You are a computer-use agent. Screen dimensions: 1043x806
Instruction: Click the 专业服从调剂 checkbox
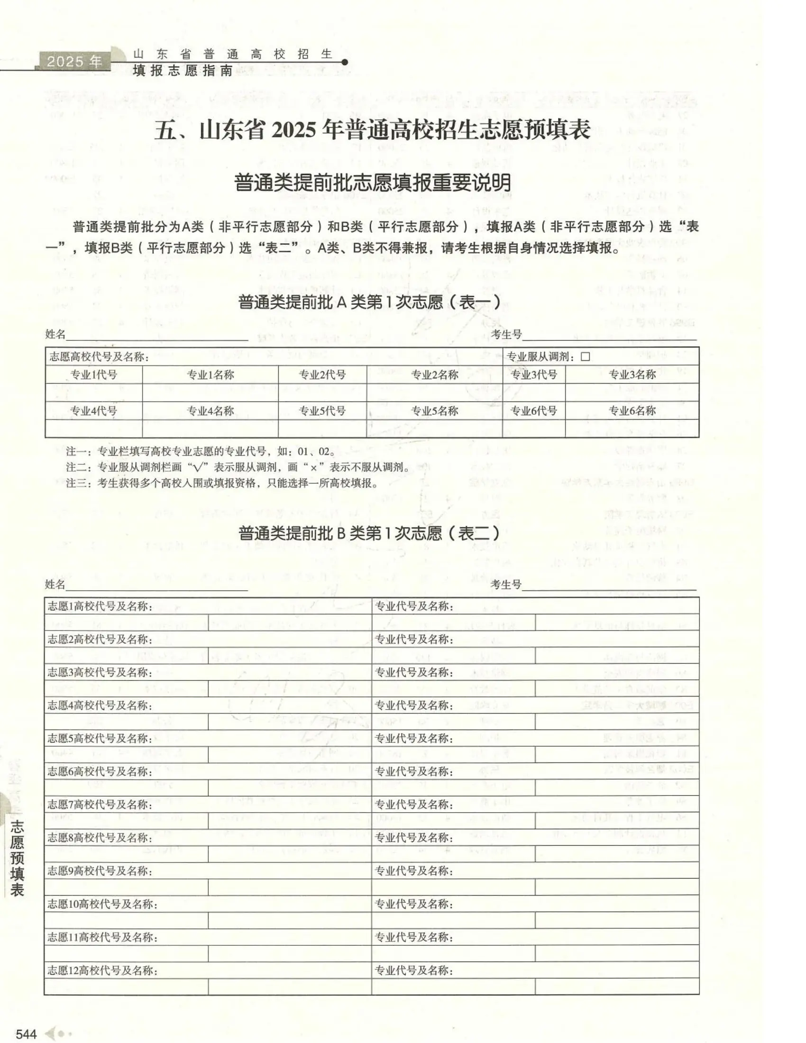click(x=586, y=357)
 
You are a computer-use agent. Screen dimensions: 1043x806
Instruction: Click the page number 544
click(x=26, y=1034)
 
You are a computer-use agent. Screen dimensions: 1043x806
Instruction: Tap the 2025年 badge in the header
click(x=75, y=62)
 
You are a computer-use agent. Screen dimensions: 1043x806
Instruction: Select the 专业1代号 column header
click(x=93, y=375)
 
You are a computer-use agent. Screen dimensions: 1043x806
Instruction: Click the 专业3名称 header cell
click(x=632, y=375)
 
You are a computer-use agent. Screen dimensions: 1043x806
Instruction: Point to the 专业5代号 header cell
click(x=322, y=411)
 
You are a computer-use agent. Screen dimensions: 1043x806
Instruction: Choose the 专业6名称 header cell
click(x=632, y=411)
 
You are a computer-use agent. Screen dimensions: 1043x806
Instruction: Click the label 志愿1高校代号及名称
click(x=100, y=606)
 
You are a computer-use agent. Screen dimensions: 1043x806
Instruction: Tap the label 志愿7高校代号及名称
click(x=100, y=805)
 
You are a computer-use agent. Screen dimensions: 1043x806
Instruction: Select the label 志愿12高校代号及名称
click(x=102, y=970)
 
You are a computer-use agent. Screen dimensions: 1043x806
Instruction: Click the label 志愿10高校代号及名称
click(x=102, y=904)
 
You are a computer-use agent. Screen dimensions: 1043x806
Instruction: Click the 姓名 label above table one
click(x=55, y=334)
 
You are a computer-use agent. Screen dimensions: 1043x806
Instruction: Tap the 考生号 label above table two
click(x=506, y=584)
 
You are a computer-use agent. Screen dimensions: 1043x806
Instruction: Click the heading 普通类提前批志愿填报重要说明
click(x=373, y=183)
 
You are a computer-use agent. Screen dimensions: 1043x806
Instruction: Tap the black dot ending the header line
click(x=345, y=62)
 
